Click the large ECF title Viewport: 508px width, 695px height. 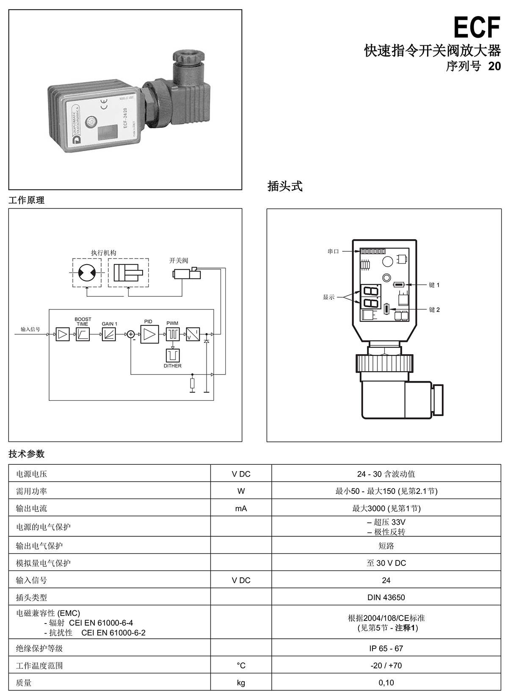[x=477, y=28]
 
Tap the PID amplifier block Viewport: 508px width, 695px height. [x=149, y=334]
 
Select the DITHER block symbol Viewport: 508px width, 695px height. [x=173, y=356]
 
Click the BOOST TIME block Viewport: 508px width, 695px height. [x=83, y=334]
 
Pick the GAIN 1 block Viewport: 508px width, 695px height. [x=109, y=334]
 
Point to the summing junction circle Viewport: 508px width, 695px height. [x=131, y=334]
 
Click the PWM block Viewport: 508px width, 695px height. [x=173, y=334]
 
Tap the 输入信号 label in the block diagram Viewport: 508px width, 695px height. [x=30, y=329]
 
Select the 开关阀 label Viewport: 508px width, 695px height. [x=179, y=260]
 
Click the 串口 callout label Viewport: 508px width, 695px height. [x=333, y=251]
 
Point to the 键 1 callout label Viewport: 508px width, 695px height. [x=434, y=285]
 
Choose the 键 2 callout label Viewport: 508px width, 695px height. [x=434, y=310]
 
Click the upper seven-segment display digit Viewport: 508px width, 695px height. [x=370, y=291]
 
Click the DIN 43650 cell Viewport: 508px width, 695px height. [x=386, y=597]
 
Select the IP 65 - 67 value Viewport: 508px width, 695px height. [x=386, y=648]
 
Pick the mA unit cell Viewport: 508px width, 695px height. [x=241, y=508]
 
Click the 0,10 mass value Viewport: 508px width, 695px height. [x=386, y=682]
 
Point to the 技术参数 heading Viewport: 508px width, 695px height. [x=27, y=454]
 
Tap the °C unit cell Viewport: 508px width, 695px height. [x=241, y=665]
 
